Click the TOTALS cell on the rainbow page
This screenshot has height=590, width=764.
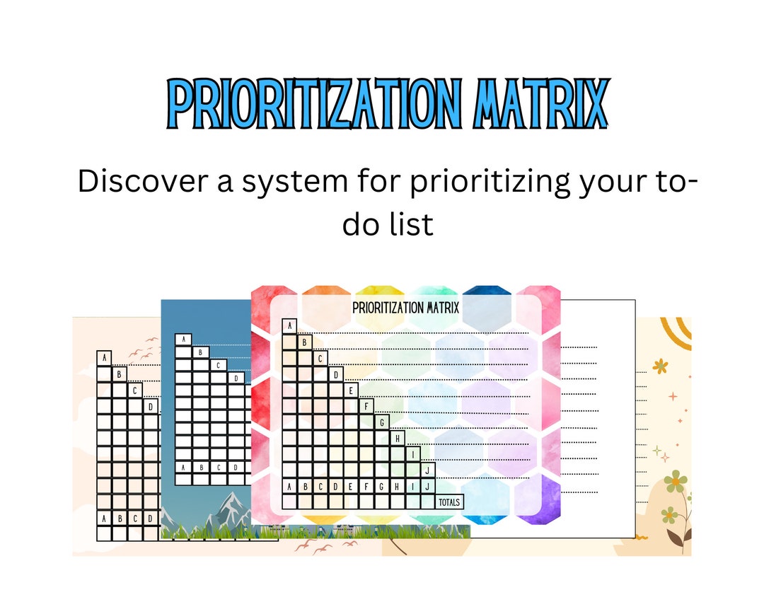(x=449, y=502)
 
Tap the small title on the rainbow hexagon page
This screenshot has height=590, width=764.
(x=406, y=308)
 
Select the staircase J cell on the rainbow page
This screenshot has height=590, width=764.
(x=428, y=470)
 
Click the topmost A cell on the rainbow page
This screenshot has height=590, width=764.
(x=289, y=326)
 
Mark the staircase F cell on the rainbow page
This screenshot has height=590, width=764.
(x=366, y=407)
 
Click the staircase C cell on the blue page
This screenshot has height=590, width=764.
(x=219, y=366)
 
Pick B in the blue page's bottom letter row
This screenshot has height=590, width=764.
(x=201, y=468)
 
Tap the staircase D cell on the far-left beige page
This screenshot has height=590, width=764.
(x=151, y=407)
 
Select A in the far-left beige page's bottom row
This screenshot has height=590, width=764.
(x=104, y=519)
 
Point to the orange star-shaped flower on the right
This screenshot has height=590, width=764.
(x=661, y=366)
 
